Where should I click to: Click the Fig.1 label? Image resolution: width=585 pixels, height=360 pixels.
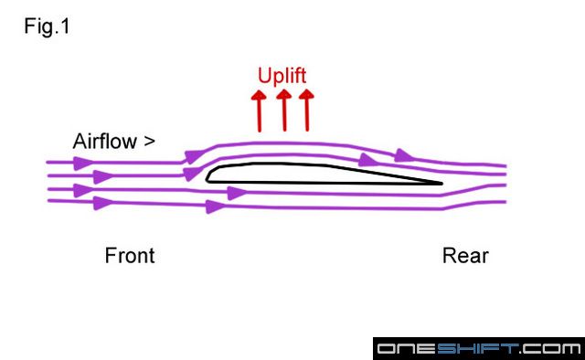47,26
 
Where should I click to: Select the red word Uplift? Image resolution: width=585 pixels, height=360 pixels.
282,76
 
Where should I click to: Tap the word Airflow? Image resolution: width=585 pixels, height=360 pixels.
104,142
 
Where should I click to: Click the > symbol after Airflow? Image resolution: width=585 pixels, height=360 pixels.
149,142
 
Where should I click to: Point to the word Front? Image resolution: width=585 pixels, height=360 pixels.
130,255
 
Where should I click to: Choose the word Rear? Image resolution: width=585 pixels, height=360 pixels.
465,255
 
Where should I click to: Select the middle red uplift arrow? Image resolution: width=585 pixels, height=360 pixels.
284,110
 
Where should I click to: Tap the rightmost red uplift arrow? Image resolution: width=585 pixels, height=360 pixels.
307,110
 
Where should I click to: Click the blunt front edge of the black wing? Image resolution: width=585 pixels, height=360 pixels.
208,175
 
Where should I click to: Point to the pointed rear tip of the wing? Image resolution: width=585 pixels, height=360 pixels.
441,183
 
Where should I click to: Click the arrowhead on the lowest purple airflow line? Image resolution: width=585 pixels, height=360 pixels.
216,206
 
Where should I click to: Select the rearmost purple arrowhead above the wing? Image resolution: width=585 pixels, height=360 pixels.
404,162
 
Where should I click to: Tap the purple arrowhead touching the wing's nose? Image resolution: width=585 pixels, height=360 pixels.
191,173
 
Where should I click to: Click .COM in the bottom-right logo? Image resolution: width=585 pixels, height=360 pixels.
550,349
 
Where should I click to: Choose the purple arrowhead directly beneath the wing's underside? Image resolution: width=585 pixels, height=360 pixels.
236,193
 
